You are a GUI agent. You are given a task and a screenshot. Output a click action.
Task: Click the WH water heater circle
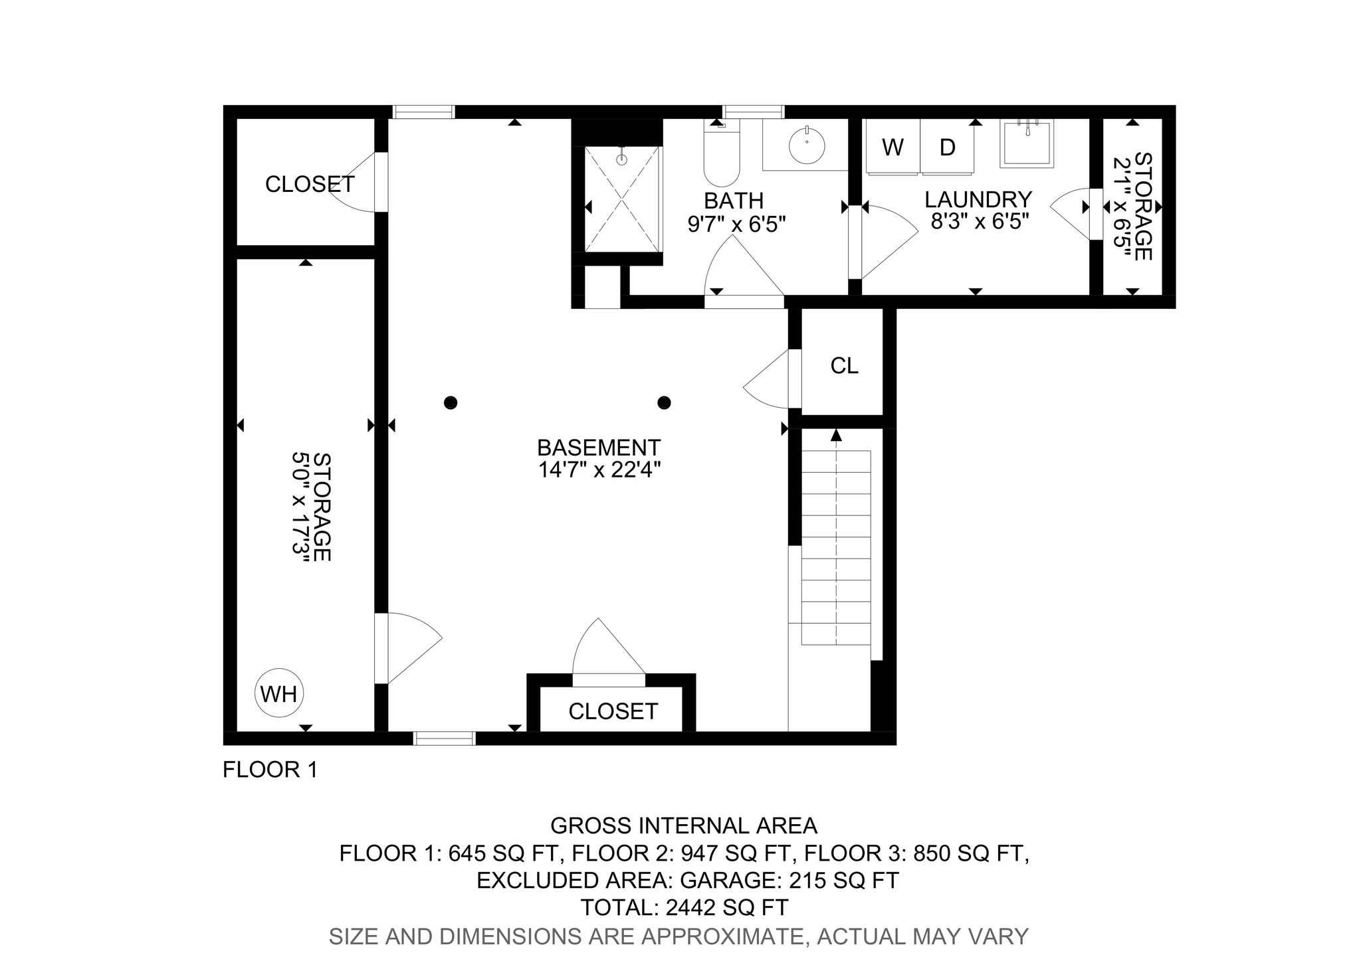pyautogui.click(x=279, y=693)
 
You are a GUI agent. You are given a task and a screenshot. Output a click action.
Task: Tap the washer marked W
pyautogui.click(x=892, y=147)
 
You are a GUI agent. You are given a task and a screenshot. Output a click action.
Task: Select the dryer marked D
pyautogui.click(x=947, y=147)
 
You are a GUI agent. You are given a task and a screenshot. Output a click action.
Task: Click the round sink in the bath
pyautogui.click(x=806, y=142)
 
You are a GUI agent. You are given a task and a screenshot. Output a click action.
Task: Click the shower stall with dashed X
pyautogui.click(x=623, y=199)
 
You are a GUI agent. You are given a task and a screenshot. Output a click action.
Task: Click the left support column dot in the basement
pyautogui.click(x=451, y=402)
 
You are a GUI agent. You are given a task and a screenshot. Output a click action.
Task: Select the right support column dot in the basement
pyautogui.click(x=664, y=402)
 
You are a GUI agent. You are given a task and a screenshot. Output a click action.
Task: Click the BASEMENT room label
pyautogui.click(x=599, y=447)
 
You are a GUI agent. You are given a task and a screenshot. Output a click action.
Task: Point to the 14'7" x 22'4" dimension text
pyautogui.click(x=599, y=470)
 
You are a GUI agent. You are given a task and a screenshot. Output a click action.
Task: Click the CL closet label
pyautogui.click(x=844, y=365)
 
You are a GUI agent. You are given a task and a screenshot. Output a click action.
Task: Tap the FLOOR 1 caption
pyautogui.click(x=270, y=770)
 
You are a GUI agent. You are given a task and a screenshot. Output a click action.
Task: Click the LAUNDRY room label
pyautogui.click(x=978, y=199)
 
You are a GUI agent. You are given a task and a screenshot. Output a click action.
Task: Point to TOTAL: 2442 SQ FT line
pyautogui.click(x=684, y=907)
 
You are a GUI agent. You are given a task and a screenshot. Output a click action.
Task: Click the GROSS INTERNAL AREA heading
pyautogui.click(x=684, y=826)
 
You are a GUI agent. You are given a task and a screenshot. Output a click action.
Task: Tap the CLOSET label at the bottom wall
pyautogui.click(x=613, y=711)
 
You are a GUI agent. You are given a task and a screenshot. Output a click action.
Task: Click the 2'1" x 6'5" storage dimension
pyautogui.click(x=1122, y=207)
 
